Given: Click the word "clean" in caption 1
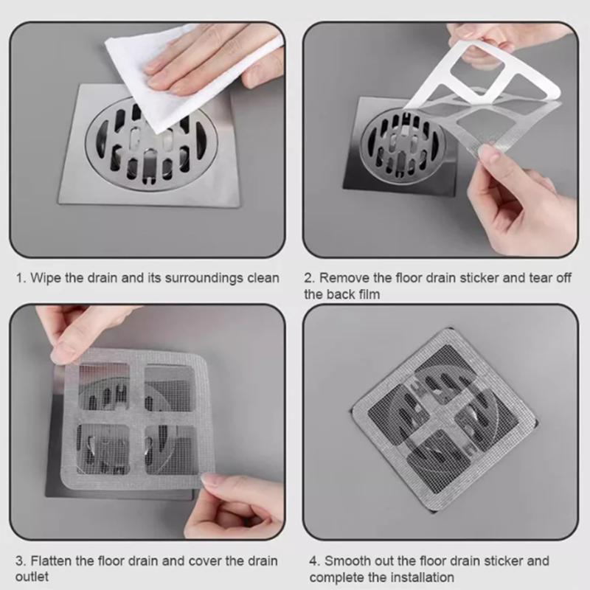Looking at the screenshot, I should click(263, 278).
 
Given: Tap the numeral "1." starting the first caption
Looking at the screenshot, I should click(22, 278).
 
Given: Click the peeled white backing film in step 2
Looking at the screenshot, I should click(472, 74).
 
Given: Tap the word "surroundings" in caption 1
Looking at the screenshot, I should click(195, 278).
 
